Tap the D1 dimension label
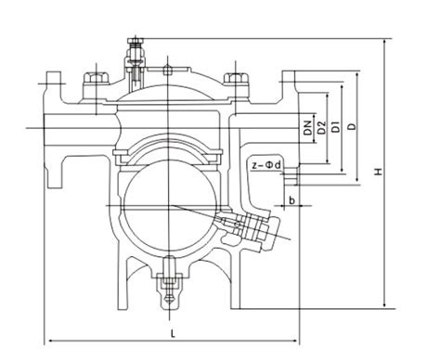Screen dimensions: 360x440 (335, 127)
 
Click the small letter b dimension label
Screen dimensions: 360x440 (291, 199)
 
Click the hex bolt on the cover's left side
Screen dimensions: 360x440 (94, 80)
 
